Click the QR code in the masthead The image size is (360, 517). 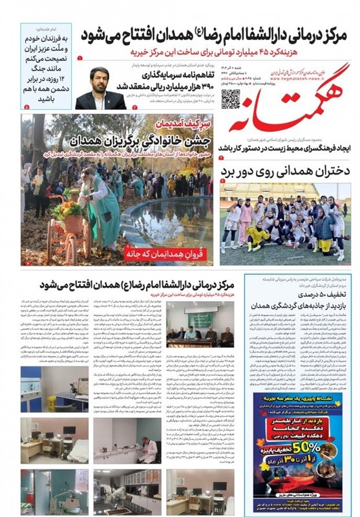point(231,98)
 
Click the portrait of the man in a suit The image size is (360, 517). point(100,88)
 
